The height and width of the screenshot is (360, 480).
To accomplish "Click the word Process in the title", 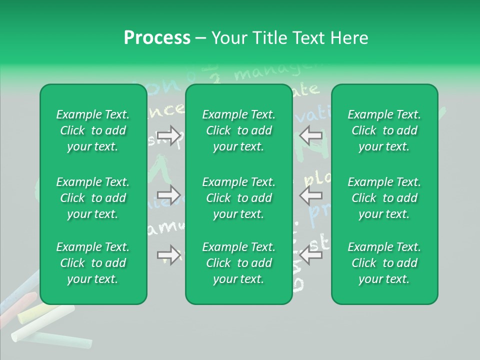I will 157,38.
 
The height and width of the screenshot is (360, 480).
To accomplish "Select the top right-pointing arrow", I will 169,135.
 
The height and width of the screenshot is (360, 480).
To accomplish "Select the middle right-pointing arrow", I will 169,194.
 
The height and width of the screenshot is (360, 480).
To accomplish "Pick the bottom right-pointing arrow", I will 169,255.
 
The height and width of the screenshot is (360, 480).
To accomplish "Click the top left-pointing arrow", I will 310,135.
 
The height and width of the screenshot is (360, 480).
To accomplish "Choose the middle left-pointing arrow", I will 310,194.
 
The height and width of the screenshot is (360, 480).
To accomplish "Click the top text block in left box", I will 93,130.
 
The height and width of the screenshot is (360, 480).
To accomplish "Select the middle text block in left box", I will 93,198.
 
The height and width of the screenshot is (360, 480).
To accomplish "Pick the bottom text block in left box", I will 93,263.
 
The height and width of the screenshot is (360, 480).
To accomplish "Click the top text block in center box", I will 239,130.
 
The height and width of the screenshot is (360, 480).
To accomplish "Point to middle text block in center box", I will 239,198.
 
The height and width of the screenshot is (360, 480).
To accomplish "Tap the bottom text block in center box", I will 239,263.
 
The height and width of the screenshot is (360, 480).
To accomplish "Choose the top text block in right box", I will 384,130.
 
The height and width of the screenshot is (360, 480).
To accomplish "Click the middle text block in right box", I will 384,198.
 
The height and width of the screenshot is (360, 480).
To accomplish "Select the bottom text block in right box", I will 384,263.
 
